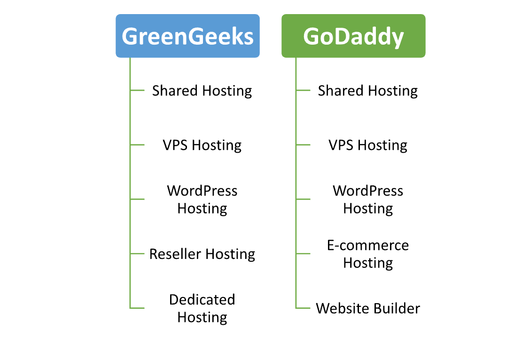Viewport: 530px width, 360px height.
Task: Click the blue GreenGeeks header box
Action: point(187,36)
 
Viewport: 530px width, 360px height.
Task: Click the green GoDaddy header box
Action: point(353,36)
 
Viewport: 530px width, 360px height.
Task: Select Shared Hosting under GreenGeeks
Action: point(202,91)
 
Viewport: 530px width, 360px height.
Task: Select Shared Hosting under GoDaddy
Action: point(368,91)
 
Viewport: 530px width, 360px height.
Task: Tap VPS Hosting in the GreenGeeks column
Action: point(202,145)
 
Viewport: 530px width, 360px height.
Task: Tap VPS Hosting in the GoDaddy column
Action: point(368,145)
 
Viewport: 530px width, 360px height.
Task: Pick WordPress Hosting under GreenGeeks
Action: point(202,200)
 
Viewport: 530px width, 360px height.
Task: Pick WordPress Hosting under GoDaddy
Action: point(368,200)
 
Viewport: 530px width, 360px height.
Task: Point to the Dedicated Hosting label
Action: point(202,309)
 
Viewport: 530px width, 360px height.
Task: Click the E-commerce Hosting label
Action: point(368,254)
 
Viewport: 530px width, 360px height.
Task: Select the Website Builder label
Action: point(368,309)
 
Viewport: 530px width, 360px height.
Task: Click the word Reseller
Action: point(175,254)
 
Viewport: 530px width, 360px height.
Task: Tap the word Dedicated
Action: point(202,299)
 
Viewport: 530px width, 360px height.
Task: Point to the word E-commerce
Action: point(368,245)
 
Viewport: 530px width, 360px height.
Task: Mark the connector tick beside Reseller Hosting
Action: point(137,253)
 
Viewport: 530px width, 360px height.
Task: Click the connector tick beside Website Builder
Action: point(303,308)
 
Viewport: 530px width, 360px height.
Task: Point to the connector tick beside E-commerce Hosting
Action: point(303,253)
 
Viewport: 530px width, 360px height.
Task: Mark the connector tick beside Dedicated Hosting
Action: point(137,308)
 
